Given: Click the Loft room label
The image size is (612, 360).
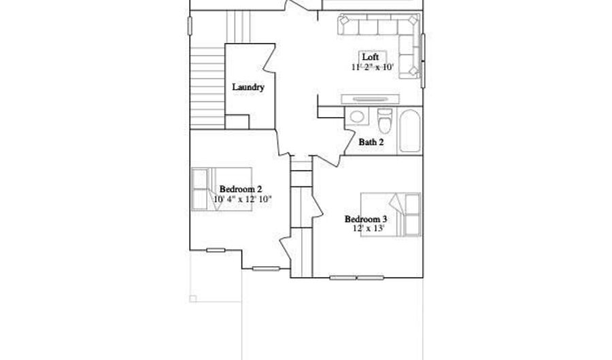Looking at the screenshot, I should pos(371,57).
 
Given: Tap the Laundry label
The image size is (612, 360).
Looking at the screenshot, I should pos(248,87).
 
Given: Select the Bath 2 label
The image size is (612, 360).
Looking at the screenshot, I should pos(371,142).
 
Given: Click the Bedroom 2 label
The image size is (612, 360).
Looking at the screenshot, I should pos(241,189).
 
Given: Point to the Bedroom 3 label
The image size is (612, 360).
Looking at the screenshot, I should pos(366,219).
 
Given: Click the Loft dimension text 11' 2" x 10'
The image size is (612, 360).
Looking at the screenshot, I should pos(373,67).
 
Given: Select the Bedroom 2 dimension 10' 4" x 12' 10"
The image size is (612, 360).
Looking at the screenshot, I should pos(243,199).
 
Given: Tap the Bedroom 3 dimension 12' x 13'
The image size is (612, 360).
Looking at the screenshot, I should pos(368,229).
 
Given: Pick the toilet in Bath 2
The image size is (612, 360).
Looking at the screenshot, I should pos(384,120).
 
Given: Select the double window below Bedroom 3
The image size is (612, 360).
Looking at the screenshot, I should pos(356,278).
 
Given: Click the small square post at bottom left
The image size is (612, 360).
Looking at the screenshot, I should pos(193,298).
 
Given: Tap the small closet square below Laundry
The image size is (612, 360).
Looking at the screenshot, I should pos(237,122).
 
